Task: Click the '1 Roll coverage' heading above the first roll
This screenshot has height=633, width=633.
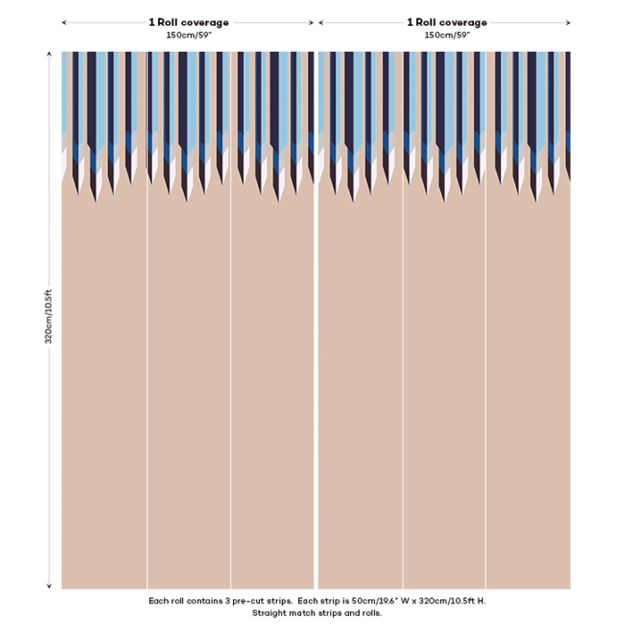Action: [188, 22]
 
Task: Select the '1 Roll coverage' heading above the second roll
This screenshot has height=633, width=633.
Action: [447, 22]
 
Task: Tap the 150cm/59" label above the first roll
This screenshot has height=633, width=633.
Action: [188, 35]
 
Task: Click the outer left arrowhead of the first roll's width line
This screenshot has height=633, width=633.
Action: [64, 22]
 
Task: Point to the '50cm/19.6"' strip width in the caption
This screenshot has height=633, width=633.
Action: [366, 601]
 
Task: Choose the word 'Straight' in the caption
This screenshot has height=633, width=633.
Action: [270, 613]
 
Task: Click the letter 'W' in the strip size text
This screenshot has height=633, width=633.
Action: [401, 601]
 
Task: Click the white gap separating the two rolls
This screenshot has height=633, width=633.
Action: [316, 357]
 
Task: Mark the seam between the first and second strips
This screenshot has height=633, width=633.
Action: [147, 357]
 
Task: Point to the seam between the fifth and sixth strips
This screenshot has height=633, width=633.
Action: [487, 357]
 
